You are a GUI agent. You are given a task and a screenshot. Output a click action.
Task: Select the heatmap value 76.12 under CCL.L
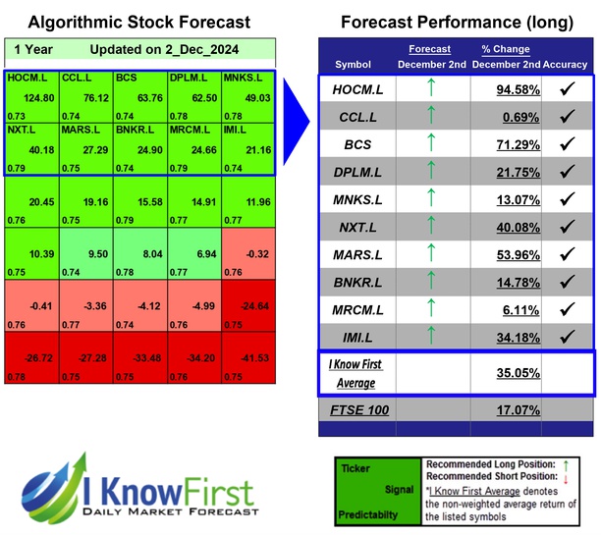click(94, 97)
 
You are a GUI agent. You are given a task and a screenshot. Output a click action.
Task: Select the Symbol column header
click(354, 65)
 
